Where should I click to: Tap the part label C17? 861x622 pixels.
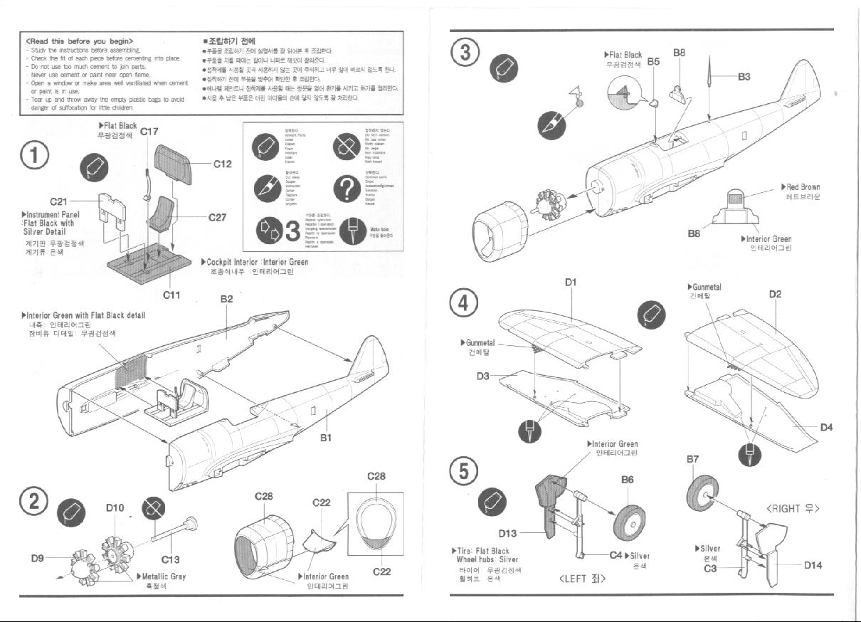[149, 131]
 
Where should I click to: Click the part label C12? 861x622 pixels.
[223, 164]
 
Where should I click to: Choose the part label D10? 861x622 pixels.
[115, 507]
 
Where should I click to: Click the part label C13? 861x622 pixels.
[171, 559]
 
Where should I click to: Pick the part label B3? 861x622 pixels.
[744, 76]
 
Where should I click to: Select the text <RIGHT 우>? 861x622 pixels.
[793, 509]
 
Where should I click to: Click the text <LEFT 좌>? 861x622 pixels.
[582, 578]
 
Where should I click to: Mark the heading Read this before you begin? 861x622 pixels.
[79, 41]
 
